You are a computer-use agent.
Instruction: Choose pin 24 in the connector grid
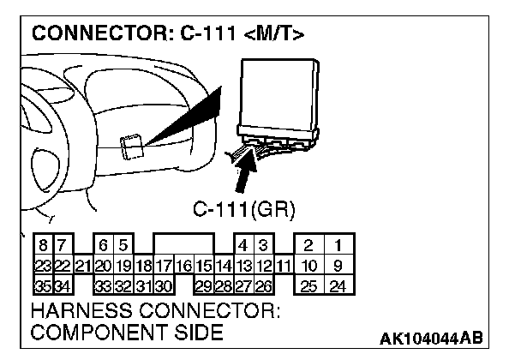point(338,284)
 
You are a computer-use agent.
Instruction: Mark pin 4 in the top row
point(244,247)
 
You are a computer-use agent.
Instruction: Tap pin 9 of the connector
point(338,265)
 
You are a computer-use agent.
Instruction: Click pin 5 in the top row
point(123,247)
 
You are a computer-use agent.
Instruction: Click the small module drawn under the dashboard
point(131,147)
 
